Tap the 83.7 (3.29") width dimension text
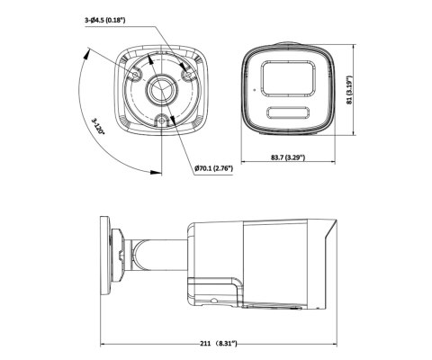point(289,159)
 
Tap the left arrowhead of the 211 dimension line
point(103,343)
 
